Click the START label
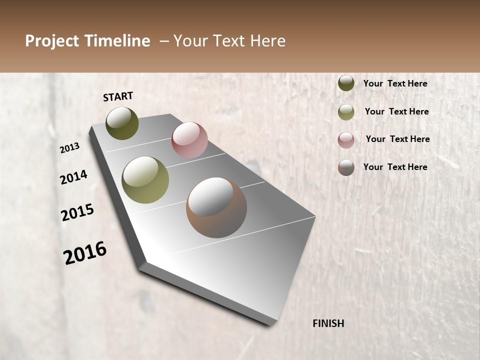(x=118, y=96)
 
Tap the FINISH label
(x=328, y=323)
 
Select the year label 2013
(x=69, y=148)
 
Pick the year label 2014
(x=73, y=177)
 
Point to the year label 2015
(x=77, y=212)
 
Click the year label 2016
(x=85, y=252)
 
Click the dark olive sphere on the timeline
(x=122, y=123)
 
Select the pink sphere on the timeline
(x=189, y=140)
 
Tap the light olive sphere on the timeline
(x=145, y=180)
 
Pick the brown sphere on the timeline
(x=216, y=207)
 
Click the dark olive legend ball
(x=346, y=83)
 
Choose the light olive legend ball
(x=346, y=112)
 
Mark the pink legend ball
(x=346, y=140)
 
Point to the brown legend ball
(x=346, y=167)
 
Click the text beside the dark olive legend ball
(x=395, y=83)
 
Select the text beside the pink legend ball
(x=397, y=139)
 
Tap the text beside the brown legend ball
(x=395, y=167)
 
